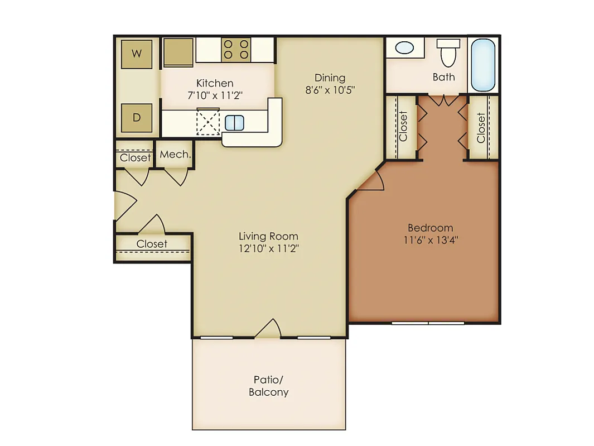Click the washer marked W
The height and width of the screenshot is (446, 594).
click(137, 54)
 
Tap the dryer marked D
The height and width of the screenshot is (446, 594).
click(137, 118)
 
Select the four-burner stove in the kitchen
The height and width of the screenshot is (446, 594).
click(236, 49)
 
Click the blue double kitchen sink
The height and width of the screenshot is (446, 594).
click(234, 123)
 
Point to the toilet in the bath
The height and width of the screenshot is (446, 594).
click(448, 53)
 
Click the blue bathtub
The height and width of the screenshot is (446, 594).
click(483, 65)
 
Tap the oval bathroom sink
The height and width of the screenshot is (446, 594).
click(404, 48)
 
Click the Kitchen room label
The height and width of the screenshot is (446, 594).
click(215, 83)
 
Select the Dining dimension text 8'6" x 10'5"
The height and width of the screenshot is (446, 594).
click(330, 90)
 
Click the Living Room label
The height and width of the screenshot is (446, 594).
click(269, 236)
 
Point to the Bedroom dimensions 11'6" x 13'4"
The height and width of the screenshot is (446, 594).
click(431, 240)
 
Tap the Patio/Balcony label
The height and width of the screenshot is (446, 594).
click(269, 386)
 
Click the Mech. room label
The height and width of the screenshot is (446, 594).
click(175, 155)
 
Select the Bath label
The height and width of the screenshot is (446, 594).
click(443, 77)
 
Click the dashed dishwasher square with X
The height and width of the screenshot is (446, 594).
click(208, 122)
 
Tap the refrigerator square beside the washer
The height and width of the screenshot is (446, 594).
click(178, 52)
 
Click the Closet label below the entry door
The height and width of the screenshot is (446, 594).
click(152, 243)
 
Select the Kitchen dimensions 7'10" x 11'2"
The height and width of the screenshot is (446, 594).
click(215, 95)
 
